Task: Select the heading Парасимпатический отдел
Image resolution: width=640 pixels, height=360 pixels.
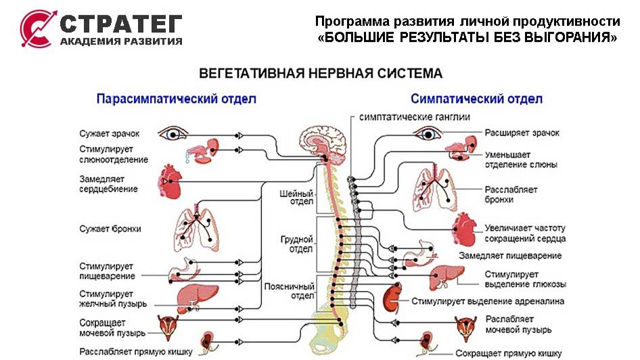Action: pos(176,99)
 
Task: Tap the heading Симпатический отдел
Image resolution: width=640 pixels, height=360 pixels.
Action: pos(476,99)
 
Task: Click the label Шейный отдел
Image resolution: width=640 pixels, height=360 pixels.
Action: pos(297,197)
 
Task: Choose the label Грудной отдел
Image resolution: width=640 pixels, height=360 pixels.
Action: pos(297,243)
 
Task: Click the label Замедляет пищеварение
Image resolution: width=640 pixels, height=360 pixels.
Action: pos(510,256)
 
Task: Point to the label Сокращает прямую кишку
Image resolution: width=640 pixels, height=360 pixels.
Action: pos(508,353)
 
